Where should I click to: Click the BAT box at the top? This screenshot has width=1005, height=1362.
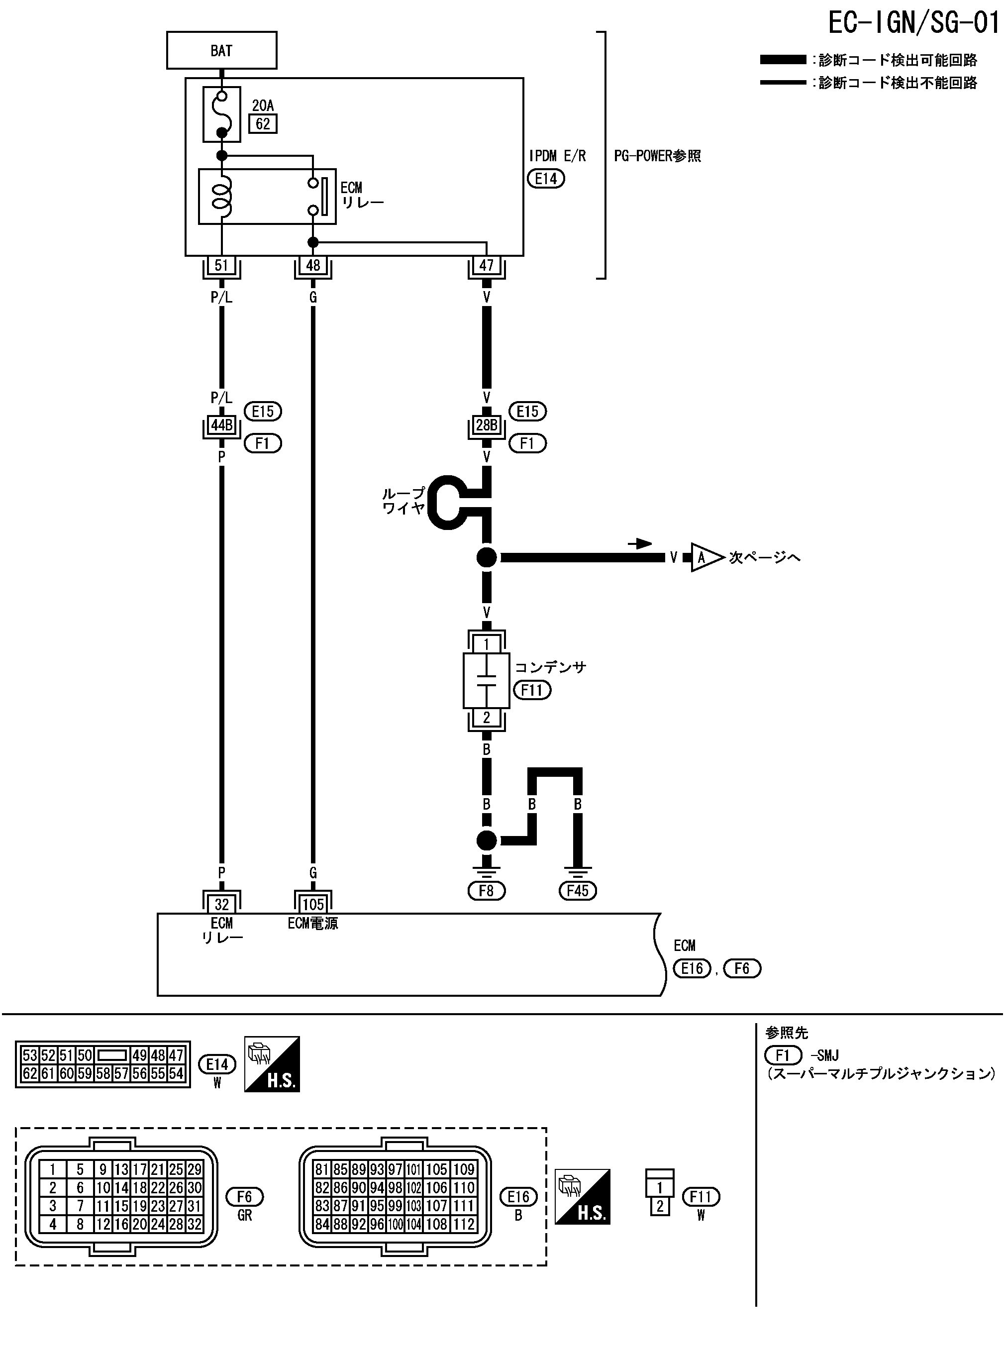pyautogui.click(x=221, y=50)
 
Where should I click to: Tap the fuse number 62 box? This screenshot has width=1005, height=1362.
pyautogui.click(x=263, y=124)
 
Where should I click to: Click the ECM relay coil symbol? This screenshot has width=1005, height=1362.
pyautogui.click(x=222, y=196)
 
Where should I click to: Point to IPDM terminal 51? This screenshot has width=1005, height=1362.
pyautogui.click(x=221, y=265)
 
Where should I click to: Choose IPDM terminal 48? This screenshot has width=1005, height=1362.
pyautogui.click(x=312, y=265)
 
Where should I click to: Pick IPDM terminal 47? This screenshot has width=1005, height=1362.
pyautogui.click(x=486, y=265)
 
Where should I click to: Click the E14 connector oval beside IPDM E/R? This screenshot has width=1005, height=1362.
pyautogui.click(x=546, y=179)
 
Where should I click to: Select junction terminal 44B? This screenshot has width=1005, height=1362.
pyautogui.click(x=221, y=425)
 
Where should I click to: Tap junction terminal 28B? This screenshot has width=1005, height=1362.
pyautogui.click(x=486, y=425)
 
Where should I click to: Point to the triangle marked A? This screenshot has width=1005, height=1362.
pyautogui.click(x=704, y=557)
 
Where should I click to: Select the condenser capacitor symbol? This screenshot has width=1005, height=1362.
pyautogui.click(x=486, y=681)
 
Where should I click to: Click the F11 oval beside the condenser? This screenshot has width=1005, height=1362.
pyautogui.click(x=532, y=690)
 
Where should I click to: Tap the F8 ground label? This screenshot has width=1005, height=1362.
pyautogui.click(x=486, y=891)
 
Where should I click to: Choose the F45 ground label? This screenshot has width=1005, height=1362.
pyautogui.click(x=577, y=891)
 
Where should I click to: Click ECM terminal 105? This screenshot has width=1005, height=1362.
pyautogui.click(x=312, y=904)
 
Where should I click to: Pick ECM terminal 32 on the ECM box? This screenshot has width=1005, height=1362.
pyautogui.click(x=221, y=904)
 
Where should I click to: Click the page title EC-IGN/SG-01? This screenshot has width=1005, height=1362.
pyautogui.click(x=914, y=23)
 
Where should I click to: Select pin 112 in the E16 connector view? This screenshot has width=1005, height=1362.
pyautogui.click(x=464, y=1224)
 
